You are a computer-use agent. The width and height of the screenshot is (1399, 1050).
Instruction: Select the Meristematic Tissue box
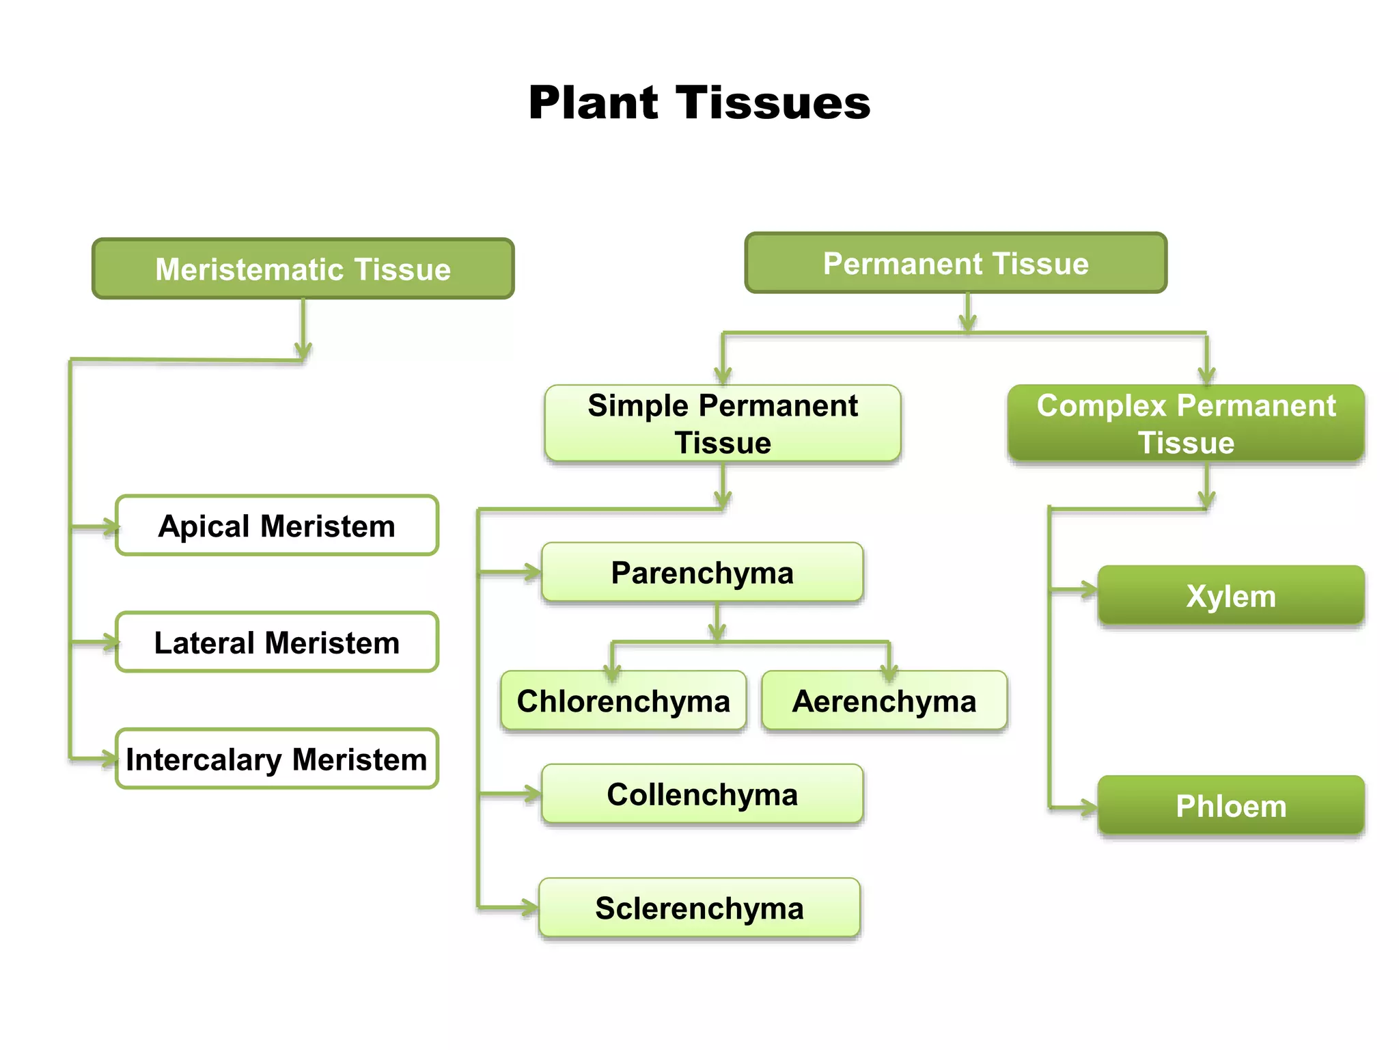click(x=303, y=269)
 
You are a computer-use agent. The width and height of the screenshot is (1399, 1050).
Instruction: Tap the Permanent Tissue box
click(x=956, y=263)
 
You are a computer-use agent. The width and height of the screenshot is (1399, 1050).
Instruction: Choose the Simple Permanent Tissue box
click(x=723, y=423)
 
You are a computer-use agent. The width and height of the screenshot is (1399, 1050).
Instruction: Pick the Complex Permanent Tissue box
click(x=1186, y=423)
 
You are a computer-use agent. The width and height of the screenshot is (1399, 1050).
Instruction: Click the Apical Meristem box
click(x=277, y=526)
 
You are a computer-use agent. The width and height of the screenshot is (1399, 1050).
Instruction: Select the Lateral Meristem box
click(x=277, y=643)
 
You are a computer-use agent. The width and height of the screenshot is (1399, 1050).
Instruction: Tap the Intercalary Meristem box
click(x=277, y=759)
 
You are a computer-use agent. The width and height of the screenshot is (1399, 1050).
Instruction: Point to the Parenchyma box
click(x=702, y=572)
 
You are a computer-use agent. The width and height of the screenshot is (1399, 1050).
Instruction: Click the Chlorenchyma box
click(x=623, y=701)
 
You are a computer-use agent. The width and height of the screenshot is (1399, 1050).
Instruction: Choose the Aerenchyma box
click(x=884, y=701)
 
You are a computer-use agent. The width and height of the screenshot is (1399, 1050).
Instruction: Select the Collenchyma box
click(x=702, y=794)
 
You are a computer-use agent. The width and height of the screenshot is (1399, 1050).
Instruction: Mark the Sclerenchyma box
click(x=699, y=908)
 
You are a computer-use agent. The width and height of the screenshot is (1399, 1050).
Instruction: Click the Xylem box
click(x=1231, y=595)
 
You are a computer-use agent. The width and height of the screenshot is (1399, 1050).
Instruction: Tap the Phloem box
click(x=1231, y=805)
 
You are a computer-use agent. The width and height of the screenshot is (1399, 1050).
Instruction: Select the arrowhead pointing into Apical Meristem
click(x=111, y=526)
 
